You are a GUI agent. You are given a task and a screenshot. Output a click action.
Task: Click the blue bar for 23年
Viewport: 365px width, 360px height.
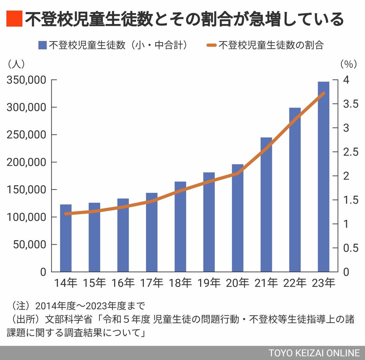point(323,176)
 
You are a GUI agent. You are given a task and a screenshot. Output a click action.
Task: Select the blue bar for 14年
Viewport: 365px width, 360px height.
point(65,238)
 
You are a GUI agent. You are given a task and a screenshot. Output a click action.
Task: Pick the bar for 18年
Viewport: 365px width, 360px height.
point(180,226)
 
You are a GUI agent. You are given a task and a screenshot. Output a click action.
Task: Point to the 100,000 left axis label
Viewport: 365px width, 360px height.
point(26,217)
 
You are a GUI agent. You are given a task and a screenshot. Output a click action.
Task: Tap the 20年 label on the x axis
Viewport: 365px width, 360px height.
point(237,283)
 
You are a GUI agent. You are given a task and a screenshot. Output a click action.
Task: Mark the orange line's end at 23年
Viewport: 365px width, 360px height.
point(323,93)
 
